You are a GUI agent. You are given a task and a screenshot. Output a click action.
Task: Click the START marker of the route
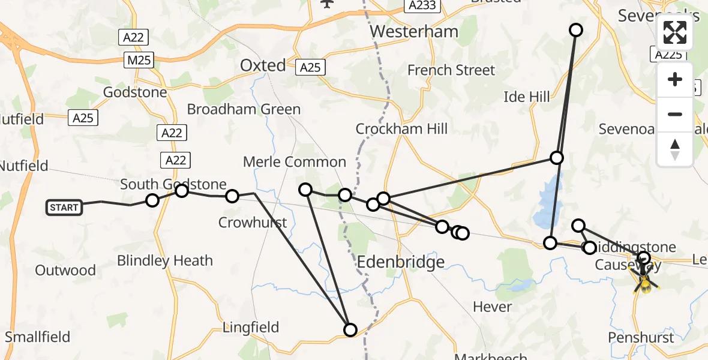click(64, 208)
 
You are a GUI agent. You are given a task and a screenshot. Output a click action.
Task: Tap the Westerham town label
click(414, 31)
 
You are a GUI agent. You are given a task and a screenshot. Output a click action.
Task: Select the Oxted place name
click(263, 65)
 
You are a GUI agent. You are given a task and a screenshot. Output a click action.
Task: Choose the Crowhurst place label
click(253, 223)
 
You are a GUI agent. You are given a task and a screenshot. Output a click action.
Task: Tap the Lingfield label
click(251, 328)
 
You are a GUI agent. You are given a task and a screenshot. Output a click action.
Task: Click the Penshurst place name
click(641, 337)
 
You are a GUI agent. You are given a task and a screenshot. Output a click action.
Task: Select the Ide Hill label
click(527, 97)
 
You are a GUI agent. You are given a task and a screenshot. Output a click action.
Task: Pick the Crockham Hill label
click(401, 129)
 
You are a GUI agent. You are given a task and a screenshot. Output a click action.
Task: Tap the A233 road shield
click(422, 5)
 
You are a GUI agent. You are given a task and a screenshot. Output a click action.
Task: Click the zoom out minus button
click(675, 114)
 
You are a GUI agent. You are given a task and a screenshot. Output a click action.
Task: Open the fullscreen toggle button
click(675, 32)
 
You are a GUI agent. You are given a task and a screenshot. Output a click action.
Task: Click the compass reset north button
click(675, 149)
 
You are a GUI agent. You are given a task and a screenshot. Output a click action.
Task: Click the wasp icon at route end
click(644, 281)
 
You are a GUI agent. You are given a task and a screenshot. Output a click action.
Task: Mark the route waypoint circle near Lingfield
click(350, 329)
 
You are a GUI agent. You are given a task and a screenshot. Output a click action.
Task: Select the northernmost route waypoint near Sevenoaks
click(576, 30)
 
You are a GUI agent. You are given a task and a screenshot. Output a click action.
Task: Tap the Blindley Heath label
click(165, 261)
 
